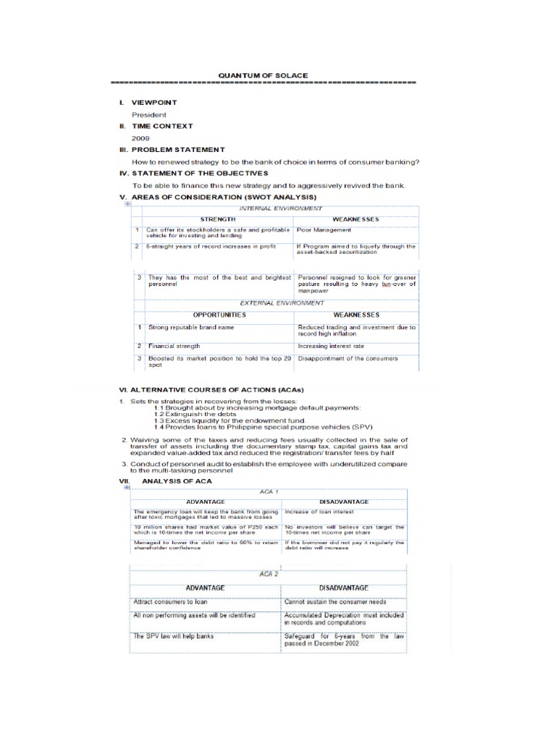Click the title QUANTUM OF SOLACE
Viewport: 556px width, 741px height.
coord(263,75)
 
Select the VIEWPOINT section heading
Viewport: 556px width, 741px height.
coord(153,103)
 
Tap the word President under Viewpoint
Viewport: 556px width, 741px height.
coord(148,114)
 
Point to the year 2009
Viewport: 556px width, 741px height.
coord(140,137)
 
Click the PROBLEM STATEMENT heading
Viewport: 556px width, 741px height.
coord(177,149)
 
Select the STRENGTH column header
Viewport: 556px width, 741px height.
coord(217,219)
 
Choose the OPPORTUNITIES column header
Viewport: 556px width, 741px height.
coord(219,315)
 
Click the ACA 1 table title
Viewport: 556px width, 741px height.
coord(269,491)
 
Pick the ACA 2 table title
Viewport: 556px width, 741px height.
coord(269,574)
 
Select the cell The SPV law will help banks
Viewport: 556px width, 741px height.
coord(174,636)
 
